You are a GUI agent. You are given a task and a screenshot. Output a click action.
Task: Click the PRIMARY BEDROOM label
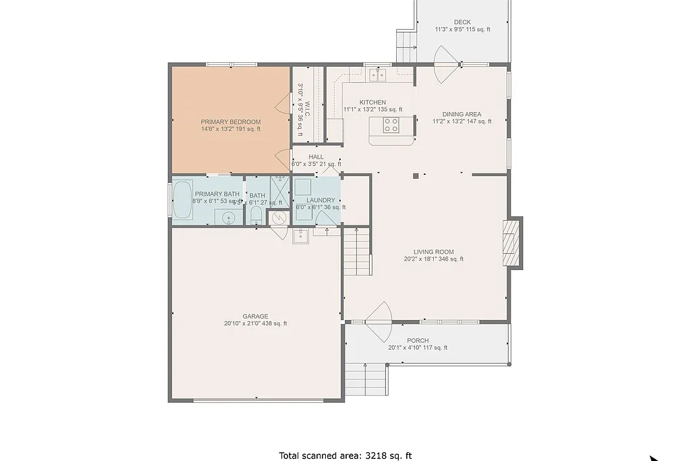(x=230, y=122)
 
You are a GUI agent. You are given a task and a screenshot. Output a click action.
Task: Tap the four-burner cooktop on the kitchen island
(x=391, y=124)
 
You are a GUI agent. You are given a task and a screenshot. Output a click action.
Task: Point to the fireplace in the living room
(x=513, y=243)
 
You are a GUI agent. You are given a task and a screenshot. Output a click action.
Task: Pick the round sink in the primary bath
(x=229, y=217)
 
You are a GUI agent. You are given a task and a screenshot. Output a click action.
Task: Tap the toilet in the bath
(x=256, y=215)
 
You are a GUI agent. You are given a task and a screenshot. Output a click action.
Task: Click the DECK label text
(x=462, y=22)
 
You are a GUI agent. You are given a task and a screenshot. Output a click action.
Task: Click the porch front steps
(x=365, y=379)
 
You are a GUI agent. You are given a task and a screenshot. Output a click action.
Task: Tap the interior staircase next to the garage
(x=358, y=250)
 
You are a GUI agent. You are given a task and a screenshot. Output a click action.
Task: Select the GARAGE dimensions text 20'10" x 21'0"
(x=256, y=324)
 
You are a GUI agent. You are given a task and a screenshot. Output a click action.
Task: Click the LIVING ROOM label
(x=433, y=252)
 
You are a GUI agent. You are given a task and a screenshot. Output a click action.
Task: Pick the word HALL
(x=316, y=157)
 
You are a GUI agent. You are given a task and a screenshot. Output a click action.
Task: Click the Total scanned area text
(x=345, y=456)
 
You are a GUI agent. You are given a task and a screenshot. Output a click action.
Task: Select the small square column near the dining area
(x=416, y=176)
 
